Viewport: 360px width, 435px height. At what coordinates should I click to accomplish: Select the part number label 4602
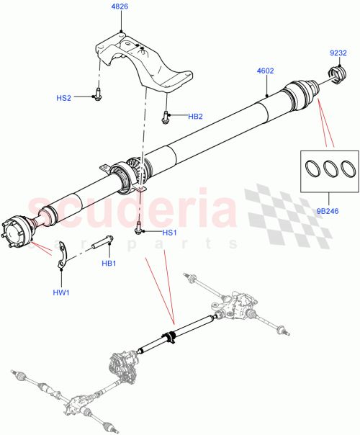tap(266, 71)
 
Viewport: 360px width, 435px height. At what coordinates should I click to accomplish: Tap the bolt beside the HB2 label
tap(166, 115)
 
